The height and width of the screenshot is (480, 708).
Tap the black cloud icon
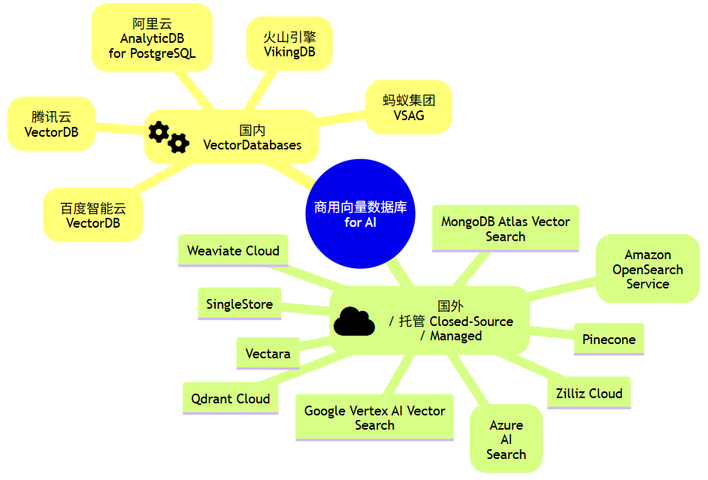click(x=354, y=322)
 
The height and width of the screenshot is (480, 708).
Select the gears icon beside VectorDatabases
click(x=168, y=137)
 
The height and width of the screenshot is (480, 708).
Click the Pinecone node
click(x=609, y=340)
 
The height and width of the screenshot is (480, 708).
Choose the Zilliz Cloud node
click(x=588, y=394)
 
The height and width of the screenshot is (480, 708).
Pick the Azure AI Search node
click(x=506, y=439)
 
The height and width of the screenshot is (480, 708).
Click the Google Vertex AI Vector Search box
click(x=374, y=418)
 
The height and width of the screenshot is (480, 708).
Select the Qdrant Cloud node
click(x=230, y=399)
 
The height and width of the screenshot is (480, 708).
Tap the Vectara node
click(x=268, y=354)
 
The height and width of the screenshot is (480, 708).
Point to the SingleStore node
click(x=239, y=304)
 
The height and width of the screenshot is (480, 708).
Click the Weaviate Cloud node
click(x=233, y=251)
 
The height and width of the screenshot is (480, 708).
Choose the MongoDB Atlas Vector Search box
click(x=505, y=228)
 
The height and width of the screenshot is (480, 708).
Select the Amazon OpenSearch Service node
click(x=647, y=270)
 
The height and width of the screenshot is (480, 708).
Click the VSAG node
click(x=408, y=107)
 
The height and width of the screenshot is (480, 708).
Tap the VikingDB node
click(x=289, y=44)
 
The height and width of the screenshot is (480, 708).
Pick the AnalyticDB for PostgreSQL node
click(x=152, y=38)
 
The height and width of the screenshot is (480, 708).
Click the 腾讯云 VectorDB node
click(x=51, y=124)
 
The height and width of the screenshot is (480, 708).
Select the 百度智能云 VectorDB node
click(x=93, y=216)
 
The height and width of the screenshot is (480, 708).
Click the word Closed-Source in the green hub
click(x=471, y=322)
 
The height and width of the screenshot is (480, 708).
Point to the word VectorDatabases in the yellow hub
click(x=253, y=145)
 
